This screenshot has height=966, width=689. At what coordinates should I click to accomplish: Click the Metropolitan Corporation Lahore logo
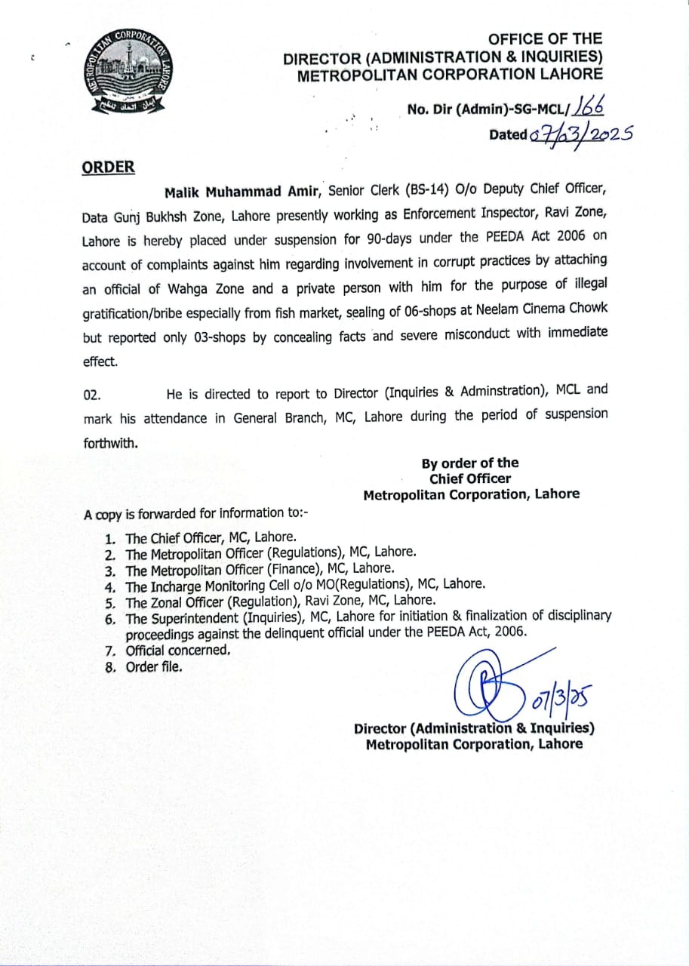pos(126,72)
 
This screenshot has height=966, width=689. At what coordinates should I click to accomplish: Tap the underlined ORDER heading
pos(109,168)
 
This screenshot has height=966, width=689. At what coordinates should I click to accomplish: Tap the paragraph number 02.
pos(91,394)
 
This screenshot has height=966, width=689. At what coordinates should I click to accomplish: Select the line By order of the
pos(470,463)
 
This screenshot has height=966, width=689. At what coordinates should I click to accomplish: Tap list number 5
pos(109,602)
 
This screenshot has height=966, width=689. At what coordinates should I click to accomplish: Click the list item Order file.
pos(153,666)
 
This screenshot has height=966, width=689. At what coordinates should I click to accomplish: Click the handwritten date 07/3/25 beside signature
pos(560,700)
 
